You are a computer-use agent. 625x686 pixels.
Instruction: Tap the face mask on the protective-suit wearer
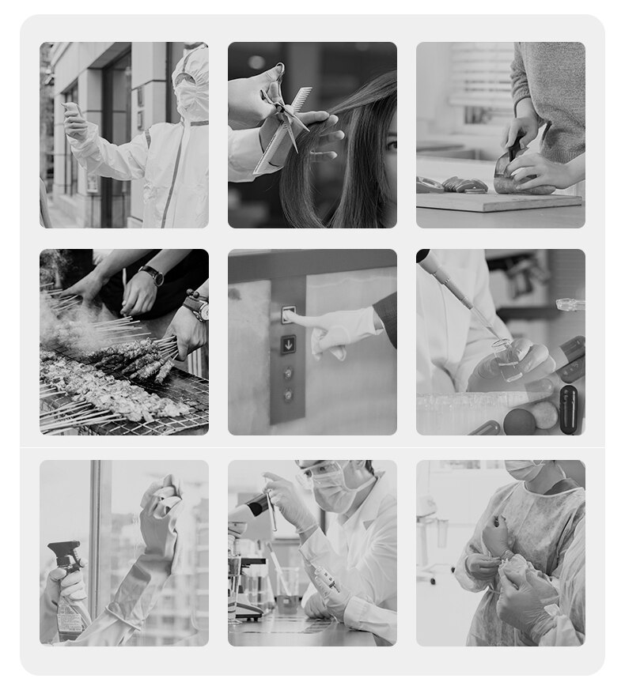pos(191,99)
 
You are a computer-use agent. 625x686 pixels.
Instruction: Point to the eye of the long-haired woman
pos(391,145)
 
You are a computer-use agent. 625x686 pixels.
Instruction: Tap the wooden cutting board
pos(498,202)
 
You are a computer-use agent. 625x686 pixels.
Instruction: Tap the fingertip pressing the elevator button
pos(287,315)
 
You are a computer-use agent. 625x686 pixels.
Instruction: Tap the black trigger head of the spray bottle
pos(65,552)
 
